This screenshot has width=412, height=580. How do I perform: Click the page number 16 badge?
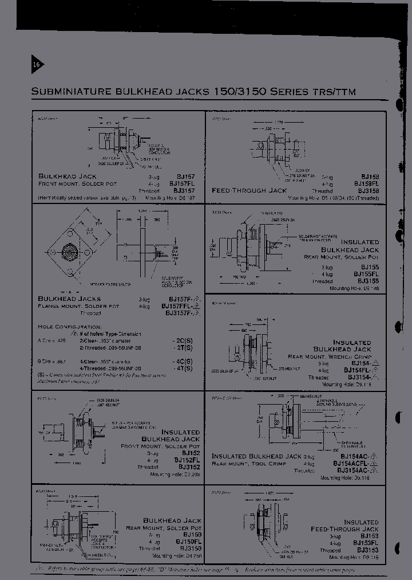35,65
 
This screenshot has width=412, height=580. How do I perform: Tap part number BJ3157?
184,190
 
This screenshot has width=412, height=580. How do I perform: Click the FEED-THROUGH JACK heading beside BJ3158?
249,190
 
